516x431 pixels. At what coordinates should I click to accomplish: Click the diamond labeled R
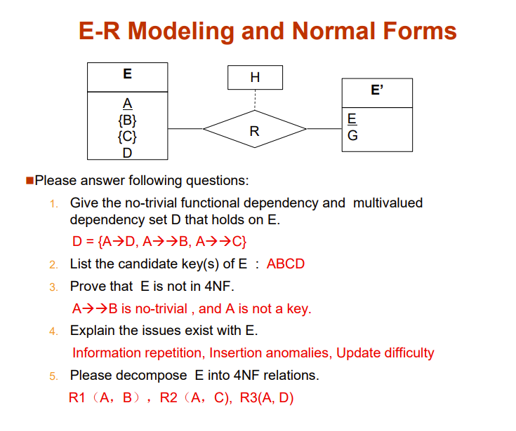[x=255, y=130]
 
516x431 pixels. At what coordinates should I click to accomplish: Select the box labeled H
[x=255, y=77]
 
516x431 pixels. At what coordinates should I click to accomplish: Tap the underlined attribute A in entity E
[x=127, y=104]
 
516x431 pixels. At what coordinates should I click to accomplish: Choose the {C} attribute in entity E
[x=127, y=136]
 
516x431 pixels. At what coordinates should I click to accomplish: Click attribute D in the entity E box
[x=127, y=151]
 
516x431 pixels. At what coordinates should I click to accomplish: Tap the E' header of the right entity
[x=377, y=91]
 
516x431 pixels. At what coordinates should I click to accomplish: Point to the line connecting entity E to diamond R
[x=185, y=129]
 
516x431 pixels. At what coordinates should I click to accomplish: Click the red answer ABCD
[x=286, y=264]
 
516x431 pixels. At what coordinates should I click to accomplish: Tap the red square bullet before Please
[x=29, y=181]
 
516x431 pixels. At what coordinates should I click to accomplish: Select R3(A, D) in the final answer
[x=267, y=398]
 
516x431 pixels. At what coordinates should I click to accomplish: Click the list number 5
[x=54, y=376]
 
